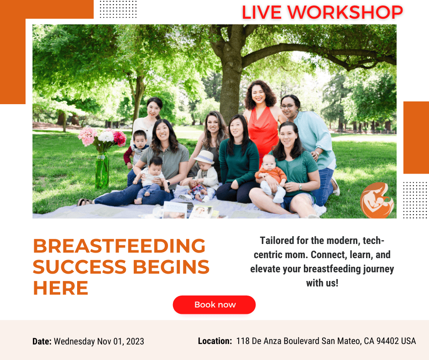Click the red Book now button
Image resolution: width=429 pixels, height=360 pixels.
[214, 305]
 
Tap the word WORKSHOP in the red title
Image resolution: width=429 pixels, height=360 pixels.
[345, 12]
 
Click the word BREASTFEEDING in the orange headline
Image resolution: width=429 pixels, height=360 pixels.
[119, 246]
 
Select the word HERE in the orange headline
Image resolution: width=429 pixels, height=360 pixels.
[60, 288]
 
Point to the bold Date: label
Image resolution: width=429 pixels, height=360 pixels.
[42, 341]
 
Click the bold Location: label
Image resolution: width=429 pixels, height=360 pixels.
[215, 341]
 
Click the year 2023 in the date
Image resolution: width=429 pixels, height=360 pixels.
[135, 341]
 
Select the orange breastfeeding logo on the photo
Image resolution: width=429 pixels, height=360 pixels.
[377, 201]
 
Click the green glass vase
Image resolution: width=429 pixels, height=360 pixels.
[102, 171]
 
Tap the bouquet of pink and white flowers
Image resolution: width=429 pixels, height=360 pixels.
[102, 138]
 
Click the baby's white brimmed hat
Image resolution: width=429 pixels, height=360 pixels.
[204, 157]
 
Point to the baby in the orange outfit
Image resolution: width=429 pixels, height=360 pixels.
[271, 178]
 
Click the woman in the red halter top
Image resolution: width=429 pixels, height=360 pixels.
[262, 121]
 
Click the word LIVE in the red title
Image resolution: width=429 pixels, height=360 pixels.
[262, 12]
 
